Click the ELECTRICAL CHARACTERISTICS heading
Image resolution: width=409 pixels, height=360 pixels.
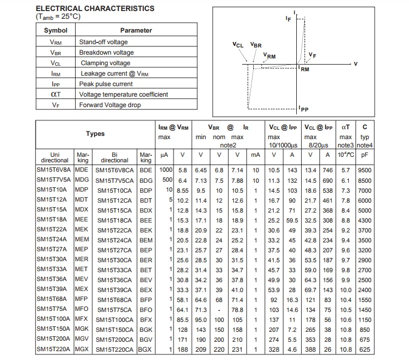click(95, 9)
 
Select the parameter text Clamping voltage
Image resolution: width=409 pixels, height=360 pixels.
click(105, 63)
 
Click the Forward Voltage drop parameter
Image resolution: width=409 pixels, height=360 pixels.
click(109, 105)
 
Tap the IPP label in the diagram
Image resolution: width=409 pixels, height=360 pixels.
click(303, 109)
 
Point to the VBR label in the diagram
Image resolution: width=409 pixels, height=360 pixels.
click(256, 45)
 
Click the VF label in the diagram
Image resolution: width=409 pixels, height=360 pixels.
click(312, 55)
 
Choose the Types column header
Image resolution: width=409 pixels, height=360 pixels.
click(95, 134)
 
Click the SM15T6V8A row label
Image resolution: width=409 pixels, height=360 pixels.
click(54, 170)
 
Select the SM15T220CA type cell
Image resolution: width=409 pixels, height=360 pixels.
click(114, 350)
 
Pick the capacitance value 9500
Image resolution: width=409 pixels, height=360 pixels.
click(365, 170)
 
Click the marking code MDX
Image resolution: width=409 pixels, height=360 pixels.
click(81, 210)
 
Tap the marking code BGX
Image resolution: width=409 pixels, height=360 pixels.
click(145, 350)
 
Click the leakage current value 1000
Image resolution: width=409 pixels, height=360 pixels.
click(166, 170)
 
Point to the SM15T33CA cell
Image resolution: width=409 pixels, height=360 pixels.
click(114, 270)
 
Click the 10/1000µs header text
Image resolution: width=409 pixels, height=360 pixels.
click(283, 145)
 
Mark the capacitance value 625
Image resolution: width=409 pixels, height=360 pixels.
click(365, 350)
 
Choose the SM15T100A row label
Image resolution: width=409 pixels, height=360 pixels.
click(53, 319)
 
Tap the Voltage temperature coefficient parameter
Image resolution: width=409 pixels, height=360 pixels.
click(123, 94)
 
